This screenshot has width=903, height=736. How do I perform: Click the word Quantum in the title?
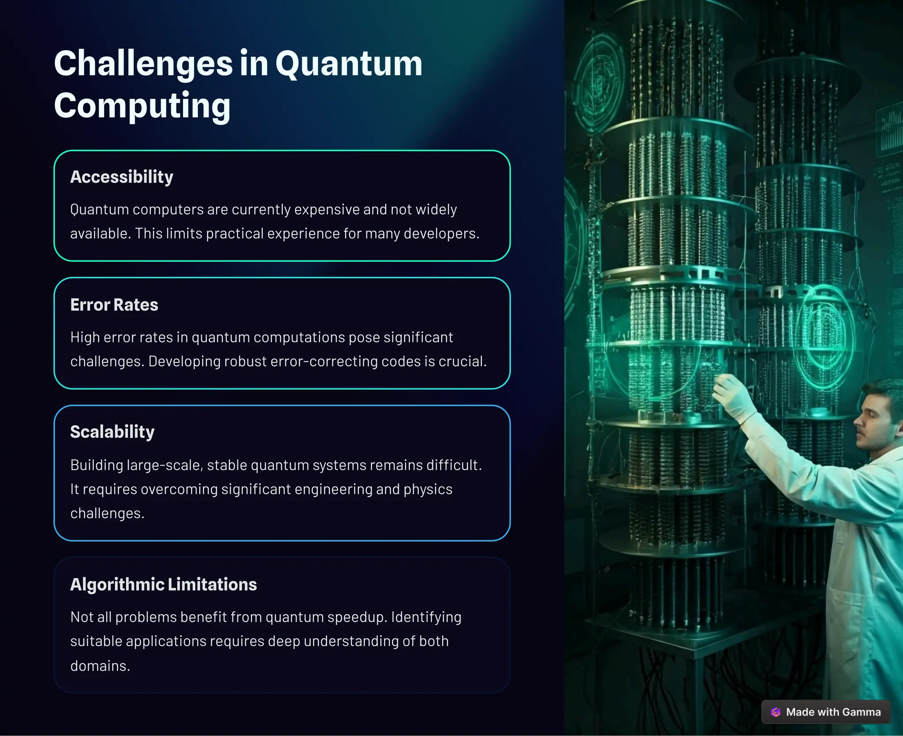tap(349, 64)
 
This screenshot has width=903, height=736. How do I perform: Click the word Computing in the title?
tap(142, 106)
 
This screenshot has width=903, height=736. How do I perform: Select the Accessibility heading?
tap(122, 177)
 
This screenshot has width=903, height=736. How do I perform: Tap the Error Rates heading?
tap(114, 305)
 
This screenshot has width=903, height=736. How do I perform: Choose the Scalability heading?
tap(112, 432)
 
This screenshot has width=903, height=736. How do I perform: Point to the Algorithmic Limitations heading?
tap(164, 584)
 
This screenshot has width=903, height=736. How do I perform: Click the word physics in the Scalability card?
tap(428, 490)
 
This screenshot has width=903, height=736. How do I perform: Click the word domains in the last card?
tap(100, 665)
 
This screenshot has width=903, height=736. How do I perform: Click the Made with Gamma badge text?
tap(833, 712)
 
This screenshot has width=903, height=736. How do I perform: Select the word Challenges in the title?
tap(143, 64)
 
